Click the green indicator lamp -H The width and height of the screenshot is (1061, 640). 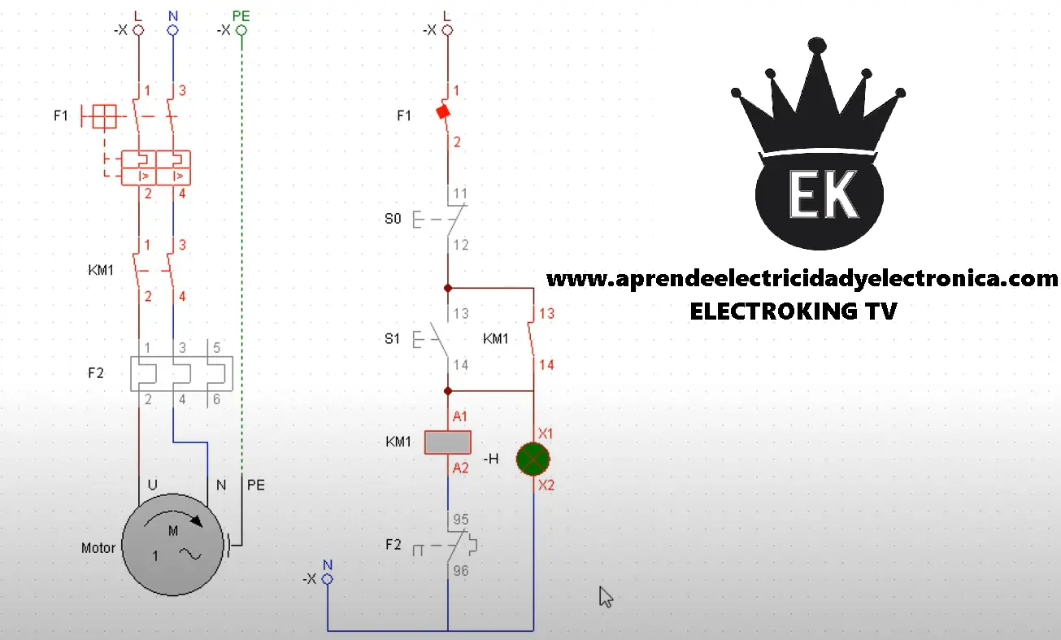[x=533, y=459]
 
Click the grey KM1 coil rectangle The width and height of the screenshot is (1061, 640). [x=448, y=442]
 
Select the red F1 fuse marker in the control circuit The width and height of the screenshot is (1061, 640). [x=443, y=112]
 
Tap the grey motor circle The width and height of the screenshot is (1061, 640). [x=172, y=544]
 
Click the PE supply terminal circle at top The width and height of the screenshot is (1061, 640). [x=241, y=31]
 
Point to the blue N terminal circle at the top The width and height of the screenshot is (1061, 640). [x=173, y=31]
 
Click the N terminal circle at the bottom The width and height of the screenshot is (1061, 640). [x=328, y=579]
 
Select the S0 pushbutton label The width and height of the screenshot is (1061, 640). [x=393, y=219]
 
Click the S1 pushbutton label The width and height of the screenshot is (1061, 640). [x=392, y=339]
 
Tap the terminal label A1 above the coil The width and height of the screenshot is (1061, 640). [x=460, y=416]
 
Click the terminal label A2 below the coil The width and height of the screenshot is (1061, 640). [x=460, y=468]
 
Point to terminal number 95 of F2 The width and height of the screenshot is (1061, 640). [x=461, y=519]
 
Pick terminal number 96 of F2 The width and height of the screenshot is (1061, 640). [x=461, y=571]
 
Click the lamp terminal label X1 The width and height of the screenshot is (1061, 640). [x=546, y=433]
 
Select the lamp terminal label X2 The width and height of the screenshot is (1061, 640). [x=546, y=485]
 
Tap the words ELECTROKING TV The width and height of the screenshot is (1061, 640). [x=794, y=311]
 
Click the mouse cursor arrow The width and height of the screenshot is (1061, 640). [x=606, y=597]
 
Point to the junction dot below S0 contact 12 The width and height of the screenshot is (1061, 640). [x=448, y=288]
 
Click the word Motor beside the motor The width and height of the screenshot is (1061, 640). [x=98, y=548]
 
